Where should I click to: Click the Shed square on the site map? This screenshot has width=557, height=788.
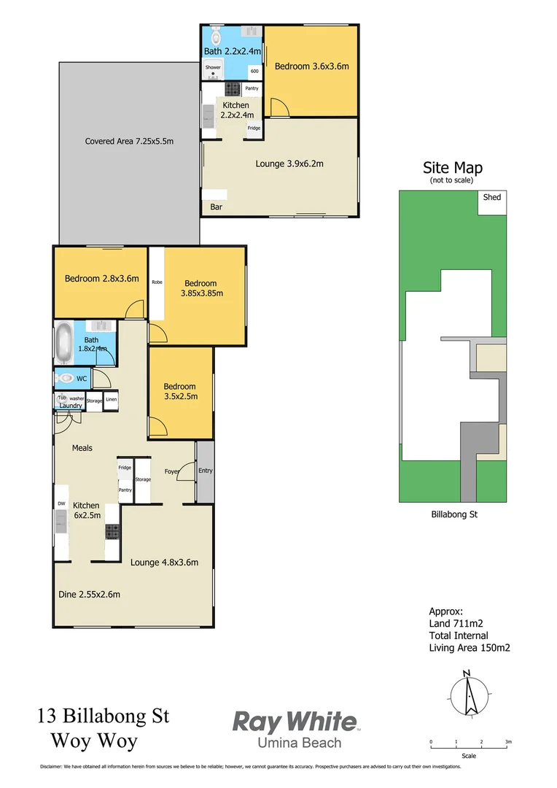(492, 202)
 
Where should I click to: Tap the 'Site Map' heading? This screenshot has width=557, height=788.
(453, 168)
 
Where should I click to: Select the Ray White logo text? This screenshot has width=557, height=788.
(295, 722)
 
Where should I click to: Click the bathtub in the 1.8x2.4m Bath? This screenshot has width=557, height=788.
(63, 344)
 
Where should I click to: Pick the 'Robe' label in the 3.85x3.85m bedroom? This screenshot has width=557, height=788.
(157, 282)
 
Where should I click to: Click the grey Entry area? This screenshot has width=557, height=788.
(205, 471)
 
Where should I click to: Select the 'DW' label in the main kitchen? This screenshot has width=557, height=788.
(61, 503)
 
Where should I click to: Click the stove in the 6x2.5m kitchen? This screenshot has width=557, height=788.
(112, 533)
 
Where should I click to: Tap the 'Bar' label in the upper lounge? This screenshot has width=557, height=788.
(217, 207)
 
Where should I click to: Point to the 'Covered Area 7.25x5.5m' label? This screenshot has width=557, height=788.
(129, 142)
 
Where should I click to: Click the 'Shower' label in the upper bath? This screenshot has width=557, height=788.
(212, 67)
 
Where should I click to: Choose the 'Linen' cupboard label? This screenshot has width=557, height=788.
(111, 399)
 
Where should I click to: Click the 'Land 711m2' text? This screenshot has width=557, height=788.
(456, 623)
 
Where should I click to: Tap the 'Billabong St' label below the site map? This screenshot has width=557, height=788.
(453, 514)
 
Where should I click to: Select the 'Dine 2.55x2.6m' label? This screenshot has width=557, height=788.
(89, 595)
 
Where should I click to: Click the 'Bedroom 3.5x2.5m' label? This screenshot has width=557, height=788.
(179, 391)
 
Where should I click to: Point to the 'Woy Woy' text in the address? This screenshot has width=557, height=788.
(93, 741)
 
